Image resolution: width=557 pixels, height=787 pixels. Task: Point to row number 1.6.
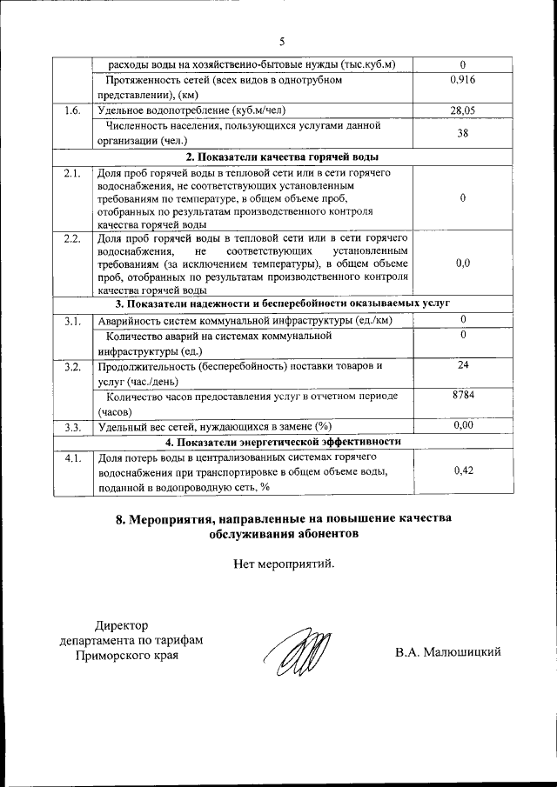coord(72,110)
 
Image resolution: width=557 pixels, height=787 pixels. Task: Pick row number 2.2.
coord(72,237)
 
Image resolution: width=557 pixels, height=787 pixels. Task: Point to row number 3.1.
coord(72,321)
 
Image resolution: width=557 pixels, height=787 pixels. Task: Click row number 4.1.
coord(72,457)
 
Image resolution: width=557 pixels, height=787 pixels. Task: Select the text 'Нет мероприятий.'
coord(284,564)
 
